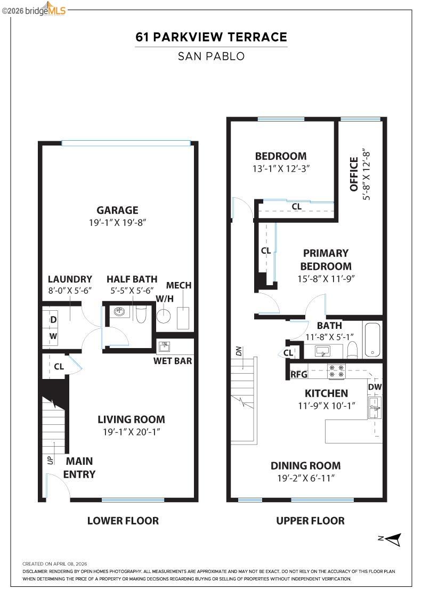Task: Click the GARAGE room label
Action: (117, 210)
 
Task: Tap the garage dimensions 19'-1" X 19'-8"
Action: (117, 222)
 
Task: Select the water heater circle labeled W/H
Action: (164, 316)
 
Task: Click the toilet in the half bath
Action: (141, 315)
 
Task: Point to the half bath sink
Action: (119, 312)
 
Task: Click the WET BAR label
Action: (173, 361)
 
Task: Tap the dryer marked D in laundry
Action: (53, 319)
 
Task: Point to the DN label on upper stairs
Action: (239, 351)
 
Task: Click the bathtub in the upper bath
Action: (372, 340)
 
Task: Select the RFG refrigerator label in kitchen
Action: (299, 374)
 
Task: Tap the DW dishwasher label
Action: (374, 387)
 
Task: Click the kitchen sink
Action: (375, 408)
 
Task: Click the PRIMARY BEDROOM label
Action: (326, 260)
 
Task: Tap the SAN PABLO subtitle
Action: (211, 56)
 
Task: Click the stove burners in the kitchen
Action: (336, 370)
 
